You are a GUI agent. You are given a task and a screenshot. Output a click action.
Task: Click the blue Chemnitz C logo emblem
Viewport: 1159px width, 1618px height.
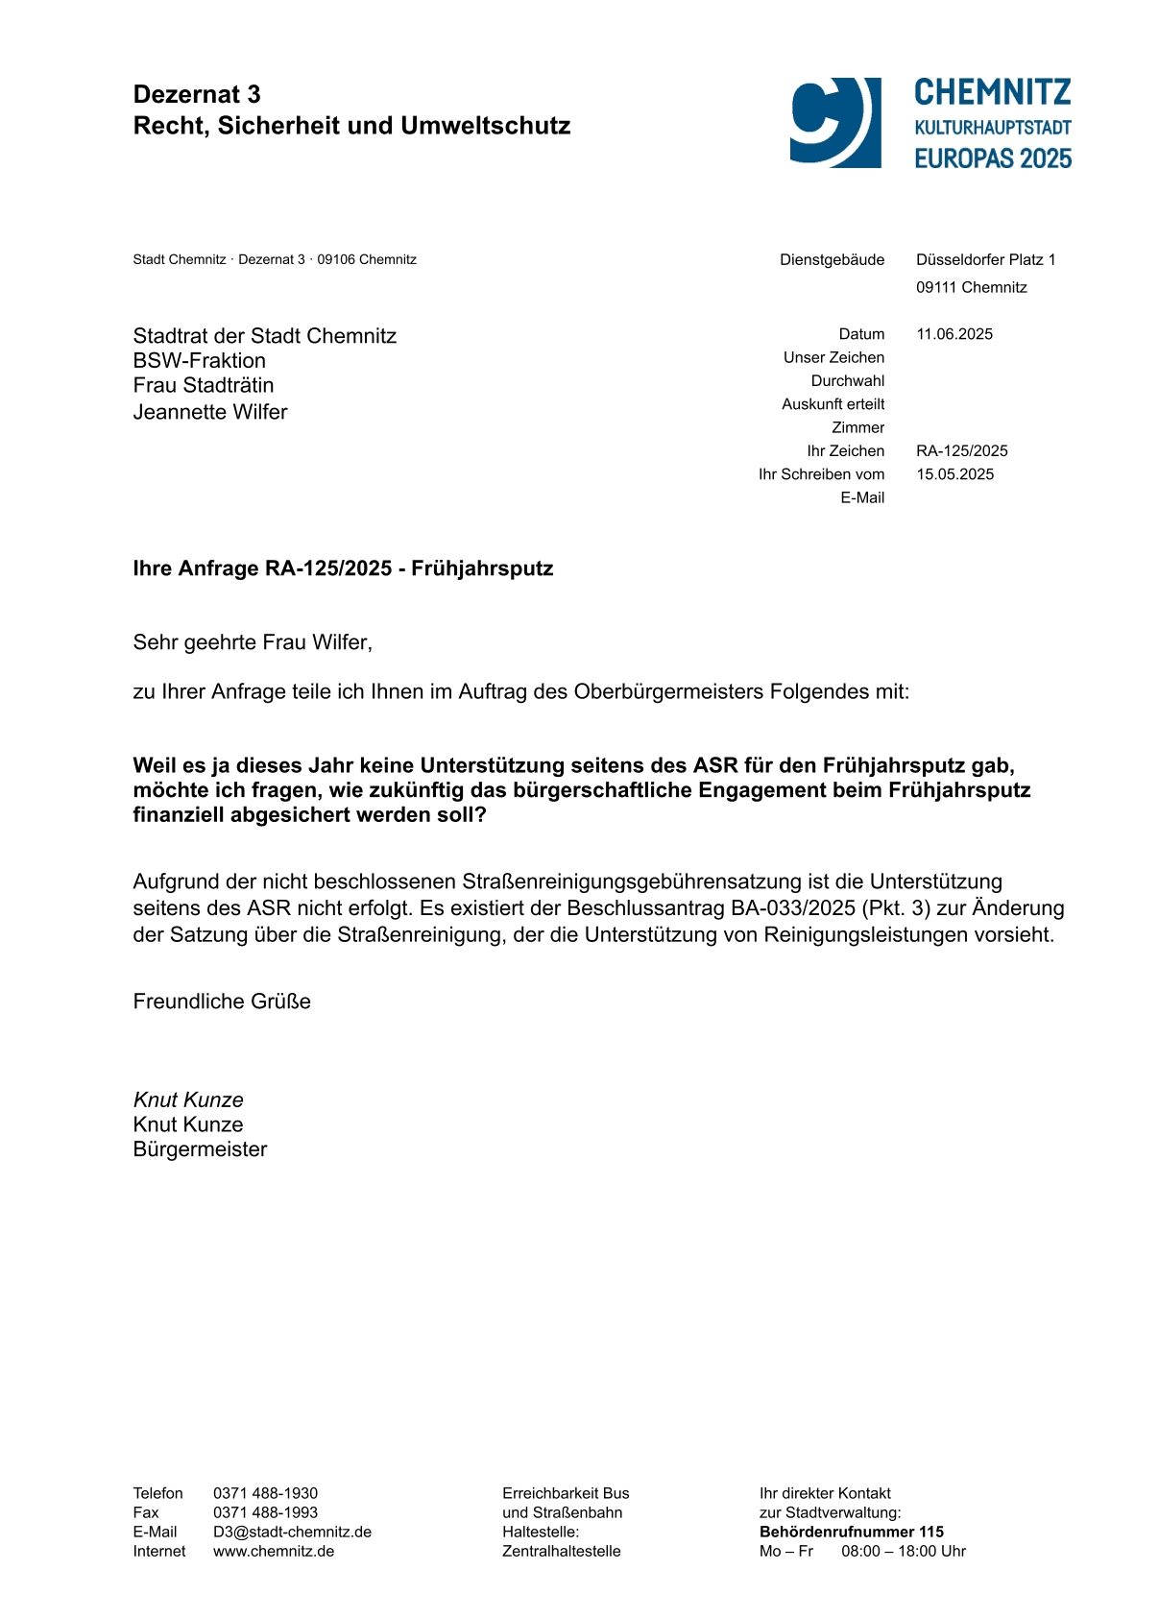tap(834, 122)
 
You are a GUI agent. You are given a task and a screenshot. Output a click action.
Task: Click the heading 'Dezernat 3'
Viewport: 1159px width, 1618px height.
tap(197, 94)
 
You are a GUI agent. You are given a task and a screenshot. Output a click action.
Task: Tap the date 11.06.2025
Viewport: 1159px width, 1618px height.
tap(954, 334)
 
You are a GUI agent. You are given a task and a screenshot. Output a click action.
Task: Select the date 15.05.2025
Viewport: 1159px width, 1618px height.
tap(954, 474)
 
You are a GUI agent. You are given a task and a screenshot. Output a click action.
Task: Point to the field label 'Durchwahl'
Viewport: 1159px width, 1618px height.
tap(847, 381)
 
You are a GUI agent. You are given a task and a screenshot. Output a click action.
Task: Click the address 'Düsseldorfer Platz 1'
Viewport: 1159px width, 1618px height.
tap(985, 259)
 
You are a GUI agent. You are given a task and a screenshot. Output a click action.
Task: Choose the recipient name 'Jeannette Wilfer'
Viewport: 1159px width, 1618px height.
tap(210, 412)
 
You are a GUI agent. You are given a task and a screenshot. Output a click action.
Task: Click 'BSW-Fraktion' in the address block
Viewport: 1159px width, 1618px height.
tap(199, 361)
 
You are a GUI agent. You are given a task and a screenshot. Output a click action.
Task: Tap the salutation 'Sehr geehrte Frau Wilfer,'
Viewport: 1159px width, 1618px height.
tap(253, 642)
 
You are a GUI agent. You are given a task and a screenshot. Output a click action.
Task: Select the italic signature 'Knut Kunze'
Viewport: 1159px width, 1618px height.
tap(188, 1100)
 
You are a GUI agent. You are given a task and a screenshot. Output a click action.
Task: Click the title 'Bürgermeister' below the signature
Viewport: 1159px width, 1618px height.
tap(200, 1149)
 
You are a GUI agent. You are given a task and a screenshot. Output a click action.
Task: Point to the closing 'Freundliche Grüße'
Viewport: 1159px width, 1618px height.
tap(222, 1002)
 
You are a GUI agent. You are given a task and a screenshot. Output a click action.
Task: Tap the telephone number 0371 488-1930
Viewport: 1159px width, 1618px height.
tap(265, 1493)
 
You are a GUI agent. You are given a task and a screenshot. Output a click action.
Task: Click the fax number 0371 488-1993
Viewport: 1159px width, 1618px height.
tap(265, 1512)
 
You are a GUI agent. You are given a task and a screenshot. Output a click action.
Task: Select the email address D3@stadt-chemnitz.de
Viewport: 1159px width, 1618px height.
tap(292, 1532)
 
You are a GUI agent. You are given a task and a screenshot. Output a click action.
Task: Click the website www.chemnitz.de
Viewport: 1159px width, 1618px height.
tap(274, 1551)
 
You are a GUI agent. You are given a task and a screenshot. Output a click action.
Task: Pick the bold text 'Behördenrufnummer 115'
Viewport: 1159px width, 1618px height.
tap(851, 1532)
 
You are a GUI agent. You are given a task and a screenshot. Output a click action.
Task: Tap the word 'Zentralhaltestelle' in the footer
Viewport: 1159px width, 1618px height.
tap(561, 1551)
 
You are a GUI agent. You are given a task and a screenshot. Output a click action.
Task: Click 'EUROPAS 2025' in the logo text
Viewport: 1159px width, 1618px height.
tap(992, 158)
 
